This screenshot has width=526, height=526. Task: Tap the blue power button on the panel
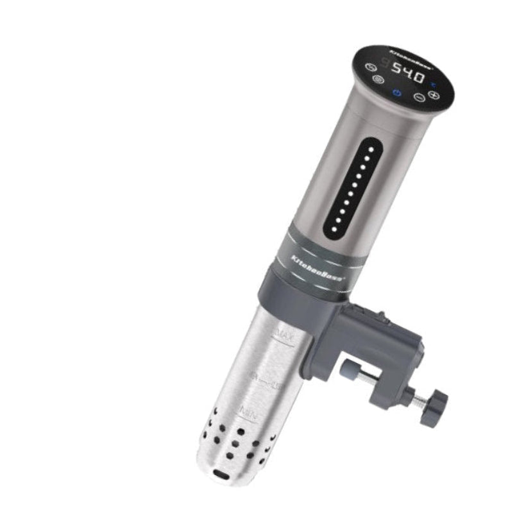click(397, 94)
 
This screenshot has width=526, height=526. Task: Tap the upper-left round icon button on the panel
click(370, 66)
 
